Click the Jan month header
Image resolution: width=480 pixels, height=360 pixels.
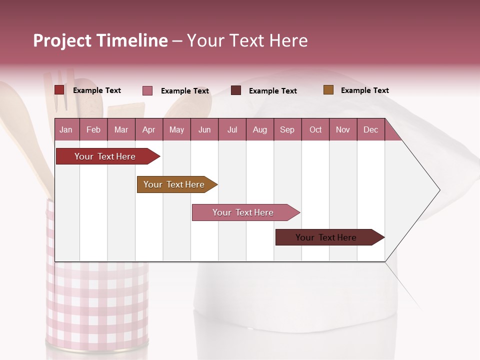66,129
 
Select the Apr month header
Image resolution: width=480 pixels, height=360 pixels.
149,129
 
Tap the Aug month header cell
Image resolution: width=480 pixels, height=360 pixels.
260,129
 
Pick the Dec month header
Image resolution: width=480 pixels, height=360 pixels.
371,129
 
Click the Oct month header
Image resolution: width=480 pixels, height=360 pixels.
315,129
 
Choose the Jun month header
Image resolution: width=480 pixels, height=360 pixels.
204,129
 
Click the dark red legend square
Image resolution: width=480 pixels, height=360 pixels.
59,90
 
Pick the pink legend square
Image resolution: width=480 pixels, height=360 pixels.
147,90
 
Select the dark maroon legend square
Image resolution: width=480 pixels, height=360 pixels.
236,90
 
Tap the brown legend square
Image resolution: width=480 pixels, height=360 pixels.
328,90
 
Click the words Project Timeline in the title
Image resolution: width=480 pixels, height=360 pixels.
100,40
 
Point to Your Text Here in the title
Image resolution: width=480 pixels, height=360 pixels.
247,40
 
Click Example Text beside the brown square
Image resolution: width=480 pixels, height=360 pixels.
364,90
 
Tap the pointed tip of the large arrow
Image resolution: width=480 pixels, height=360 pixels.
438,190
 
